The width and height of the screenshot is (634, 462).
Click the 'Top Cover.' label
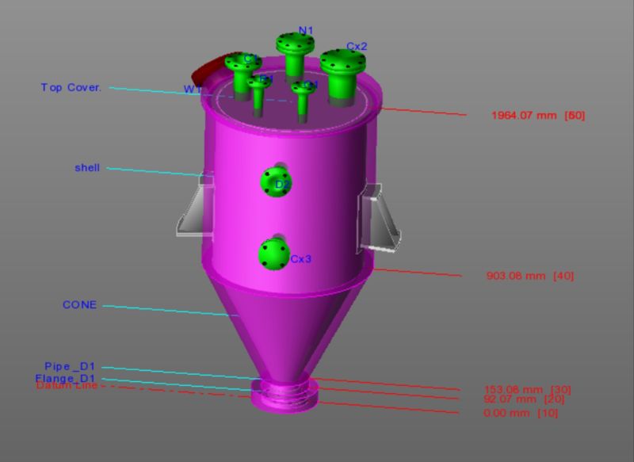click(x=71, y=87)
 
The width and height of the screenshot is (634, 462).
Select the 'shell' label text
click(x=87, y=168)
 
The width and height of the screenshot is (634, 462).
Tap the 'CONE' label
click(x=79, y=305)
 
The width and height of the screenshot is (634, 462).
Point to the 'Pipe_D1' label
click(x=70, y=367)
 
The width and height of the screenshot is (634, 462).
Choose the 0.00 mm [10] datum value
click(x=521, y=414)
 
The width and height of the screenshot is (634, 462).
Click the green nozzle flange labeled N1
click(x=295, y=44)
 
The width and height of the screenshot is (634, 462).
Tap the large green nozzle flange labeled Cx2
click(x=342, y=63)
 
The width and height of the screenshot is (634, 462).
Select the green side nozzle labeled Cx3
click(x=275, y=254)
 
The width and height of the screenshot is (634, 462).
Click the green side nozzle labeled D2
click(x=274, y=183)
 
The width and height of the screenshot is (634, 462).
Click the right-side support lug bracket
click(x=380, y=218)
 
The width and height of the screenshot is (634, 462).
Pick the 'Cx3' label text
click(x=300, y=259)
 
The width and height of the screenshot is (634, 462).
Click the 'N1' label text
click(x=306, y=31)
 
